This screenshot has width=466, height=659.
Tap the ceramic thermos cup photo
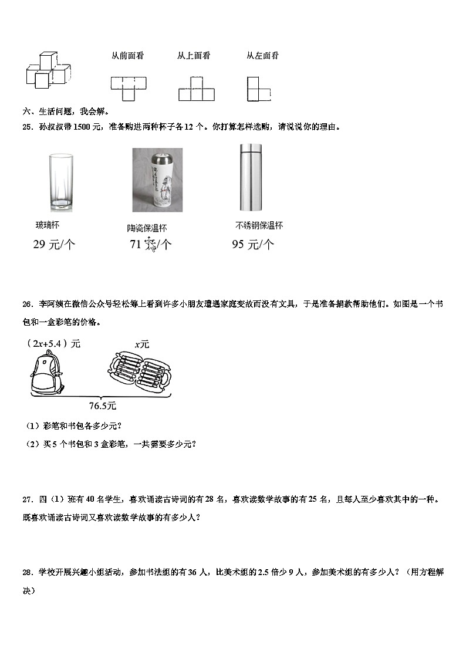pyautogui.click(x=157, y=180)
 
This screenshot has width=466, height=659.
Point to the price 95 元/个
pyautogui.click(x=252, y=245)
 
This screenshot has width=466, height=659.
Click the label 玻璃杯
pyautogui.click(x=48, y=225)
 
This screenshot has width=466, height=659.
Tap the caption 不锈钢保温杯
pyautogui.click(x=259, y=225)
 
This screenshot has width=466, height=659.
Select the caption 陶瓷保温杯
pyautogui.click(x=147, y=228)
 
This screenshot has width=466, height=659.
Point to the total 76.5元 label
pyautogui.click(x=103, y=405)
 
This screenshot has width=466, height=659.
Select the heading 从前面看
pyautogui.click(x=128, y=56)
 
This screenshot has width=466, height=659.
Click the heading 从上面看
pyautogui.click(x=194, y=56)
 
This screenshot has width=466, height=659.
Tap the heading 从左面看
pyautogui.click(x=262, y=56)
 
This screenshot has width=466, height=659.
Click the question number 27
pyautogui.click(x=26, y=499)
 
